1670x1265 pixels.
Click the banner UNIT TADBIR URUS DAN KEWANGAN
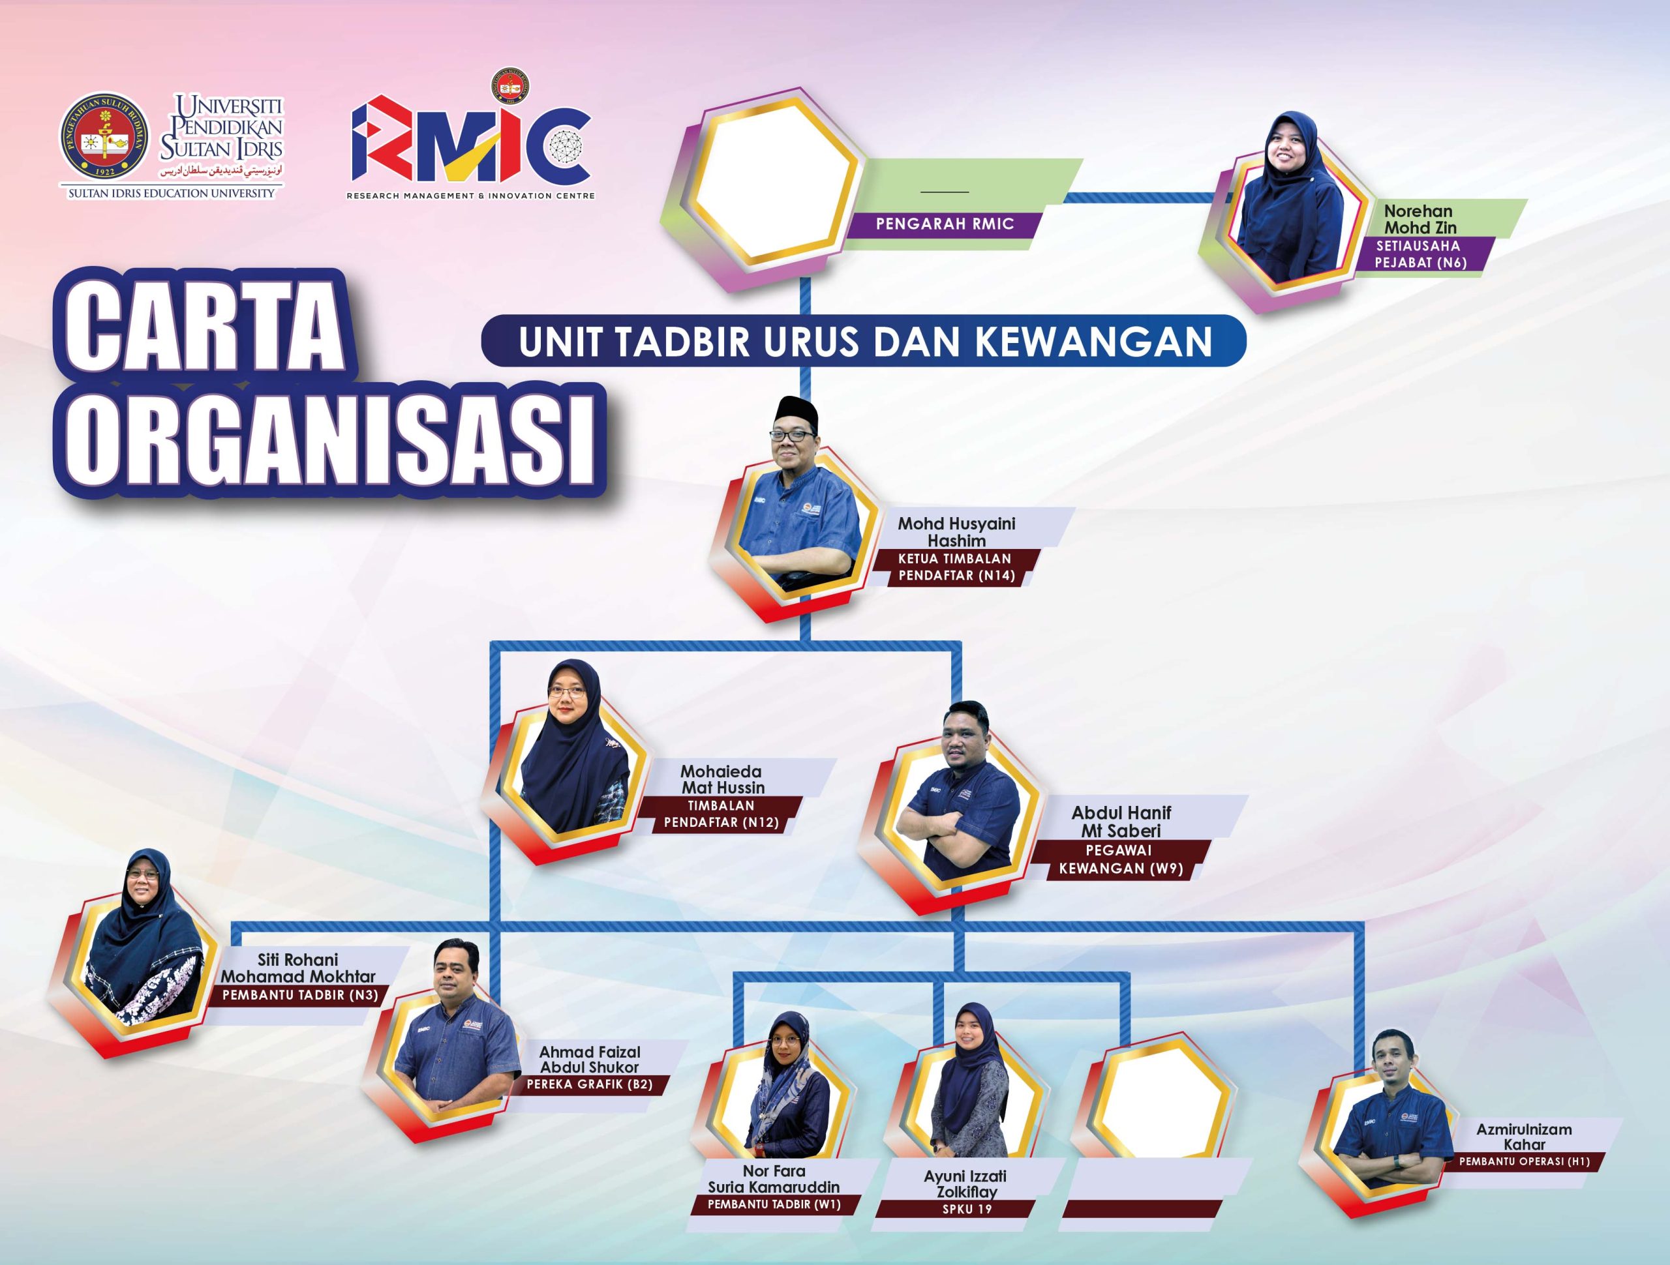pos(864,341)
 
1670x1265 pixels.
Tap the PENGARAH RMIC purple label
pos(944,224)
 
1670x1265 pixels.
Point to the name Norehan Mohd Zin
pos(1419,219)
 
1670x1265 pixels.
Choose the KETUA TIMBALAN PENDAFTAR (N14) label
pos(955,567)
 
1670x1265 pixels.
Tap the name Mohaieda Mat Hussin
pos(721,780)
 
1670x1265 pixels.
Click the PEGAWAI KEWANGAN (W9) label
pos(1121,859)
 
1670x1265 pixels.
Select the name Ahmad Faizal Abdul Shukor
pos(589,1059)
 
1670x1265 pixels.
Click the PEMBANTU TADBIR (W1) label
pos(774,1204)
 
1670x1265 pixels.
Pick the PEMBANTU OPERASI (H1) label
pos(1525,1161)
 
